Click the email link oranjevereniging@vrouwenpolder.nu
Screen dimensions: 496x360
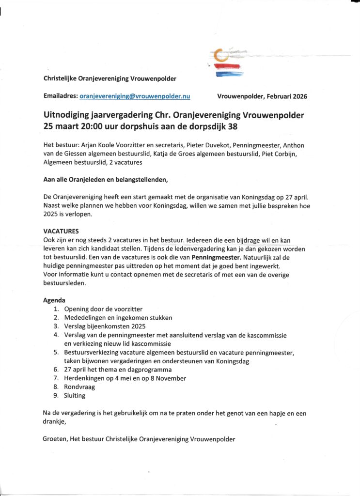click(135, 96)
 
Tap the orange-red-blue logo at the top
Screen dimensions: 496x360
click(226, 62)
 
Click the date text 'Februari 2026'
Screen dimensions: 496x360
click(287, 96)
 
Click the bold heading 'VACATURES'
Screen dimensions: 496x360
click(61, 231)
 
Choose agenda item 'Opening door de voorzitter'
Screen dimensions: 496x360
click(103, 309)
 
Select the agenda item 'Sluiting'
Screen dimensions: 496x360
click(75, 395)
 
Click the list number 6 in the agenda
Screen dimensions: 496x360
click(56, 370)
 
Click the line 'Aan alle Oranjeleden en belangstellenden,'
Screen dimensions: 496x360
click(106, 180)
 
